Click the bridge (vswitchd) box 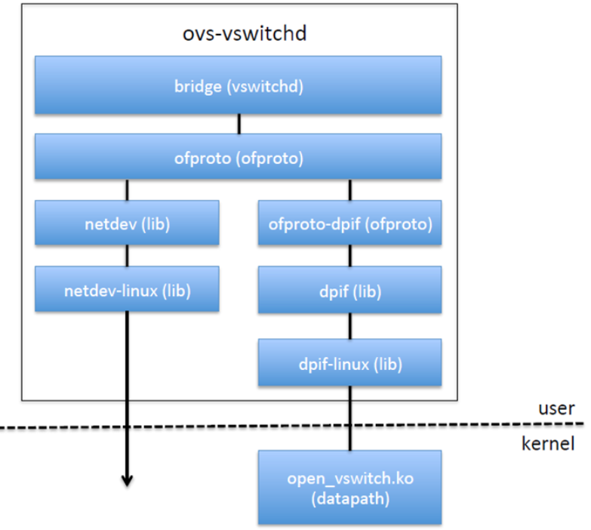(239, 86)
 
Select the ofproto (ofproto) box (239, 158)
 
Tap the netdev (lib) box (127, 223)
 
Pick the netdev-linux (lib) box (127, 289)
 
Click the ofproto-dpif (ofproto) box (350, 223)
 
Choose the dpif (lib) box (350, 289)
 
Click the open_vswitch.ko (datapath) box (350, 487)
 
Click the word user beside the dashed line (556, 408)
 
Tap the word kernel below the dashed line (548, 443)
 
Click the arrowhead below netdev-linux (128, 479)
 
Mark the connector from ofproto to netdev (127, 190)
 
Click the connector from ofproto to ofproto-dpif (349, 190)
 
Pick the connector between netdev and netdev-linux (127, 256)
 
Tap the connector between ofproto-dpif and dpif (349, 256)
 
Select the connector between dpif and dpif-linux (349, 325)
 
